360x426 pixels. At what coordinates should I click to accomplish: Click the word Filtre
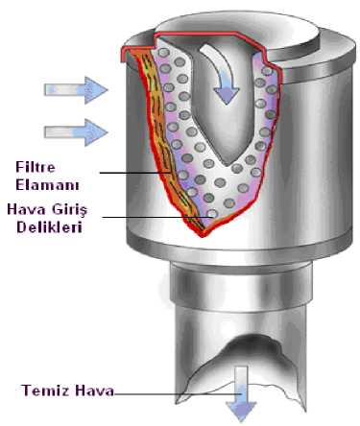click(x=36, y=167)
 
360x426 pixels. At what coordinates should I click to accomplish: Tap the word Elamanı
click(x=47, y=185)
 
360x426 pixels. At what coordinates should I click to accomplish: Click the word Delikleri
click(x=49, y=227)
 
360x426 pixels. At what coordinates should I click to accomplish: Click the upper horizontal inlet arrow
click(x=76, y=90)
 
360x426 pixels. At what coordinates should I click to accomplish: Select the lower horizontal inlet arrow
click(x=76, y=132)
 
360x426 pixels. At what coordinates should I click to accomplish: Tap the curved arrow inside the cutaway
click(x=224, y=75)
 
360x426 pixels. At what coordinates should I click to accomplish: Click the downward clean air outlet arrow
click(x=241, y=394)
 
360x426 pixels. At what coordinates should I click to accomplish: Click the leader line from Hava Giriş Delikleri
click(x=157, y=218)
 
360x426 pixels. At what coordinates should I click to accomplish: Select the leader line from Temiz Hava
click(x=177, y=394)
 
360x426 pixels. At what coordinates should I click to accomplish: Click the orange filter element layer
click(x=160, y=134)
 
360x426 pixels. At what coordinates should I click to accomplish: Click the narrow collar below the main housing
click(x=241, y=285)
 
